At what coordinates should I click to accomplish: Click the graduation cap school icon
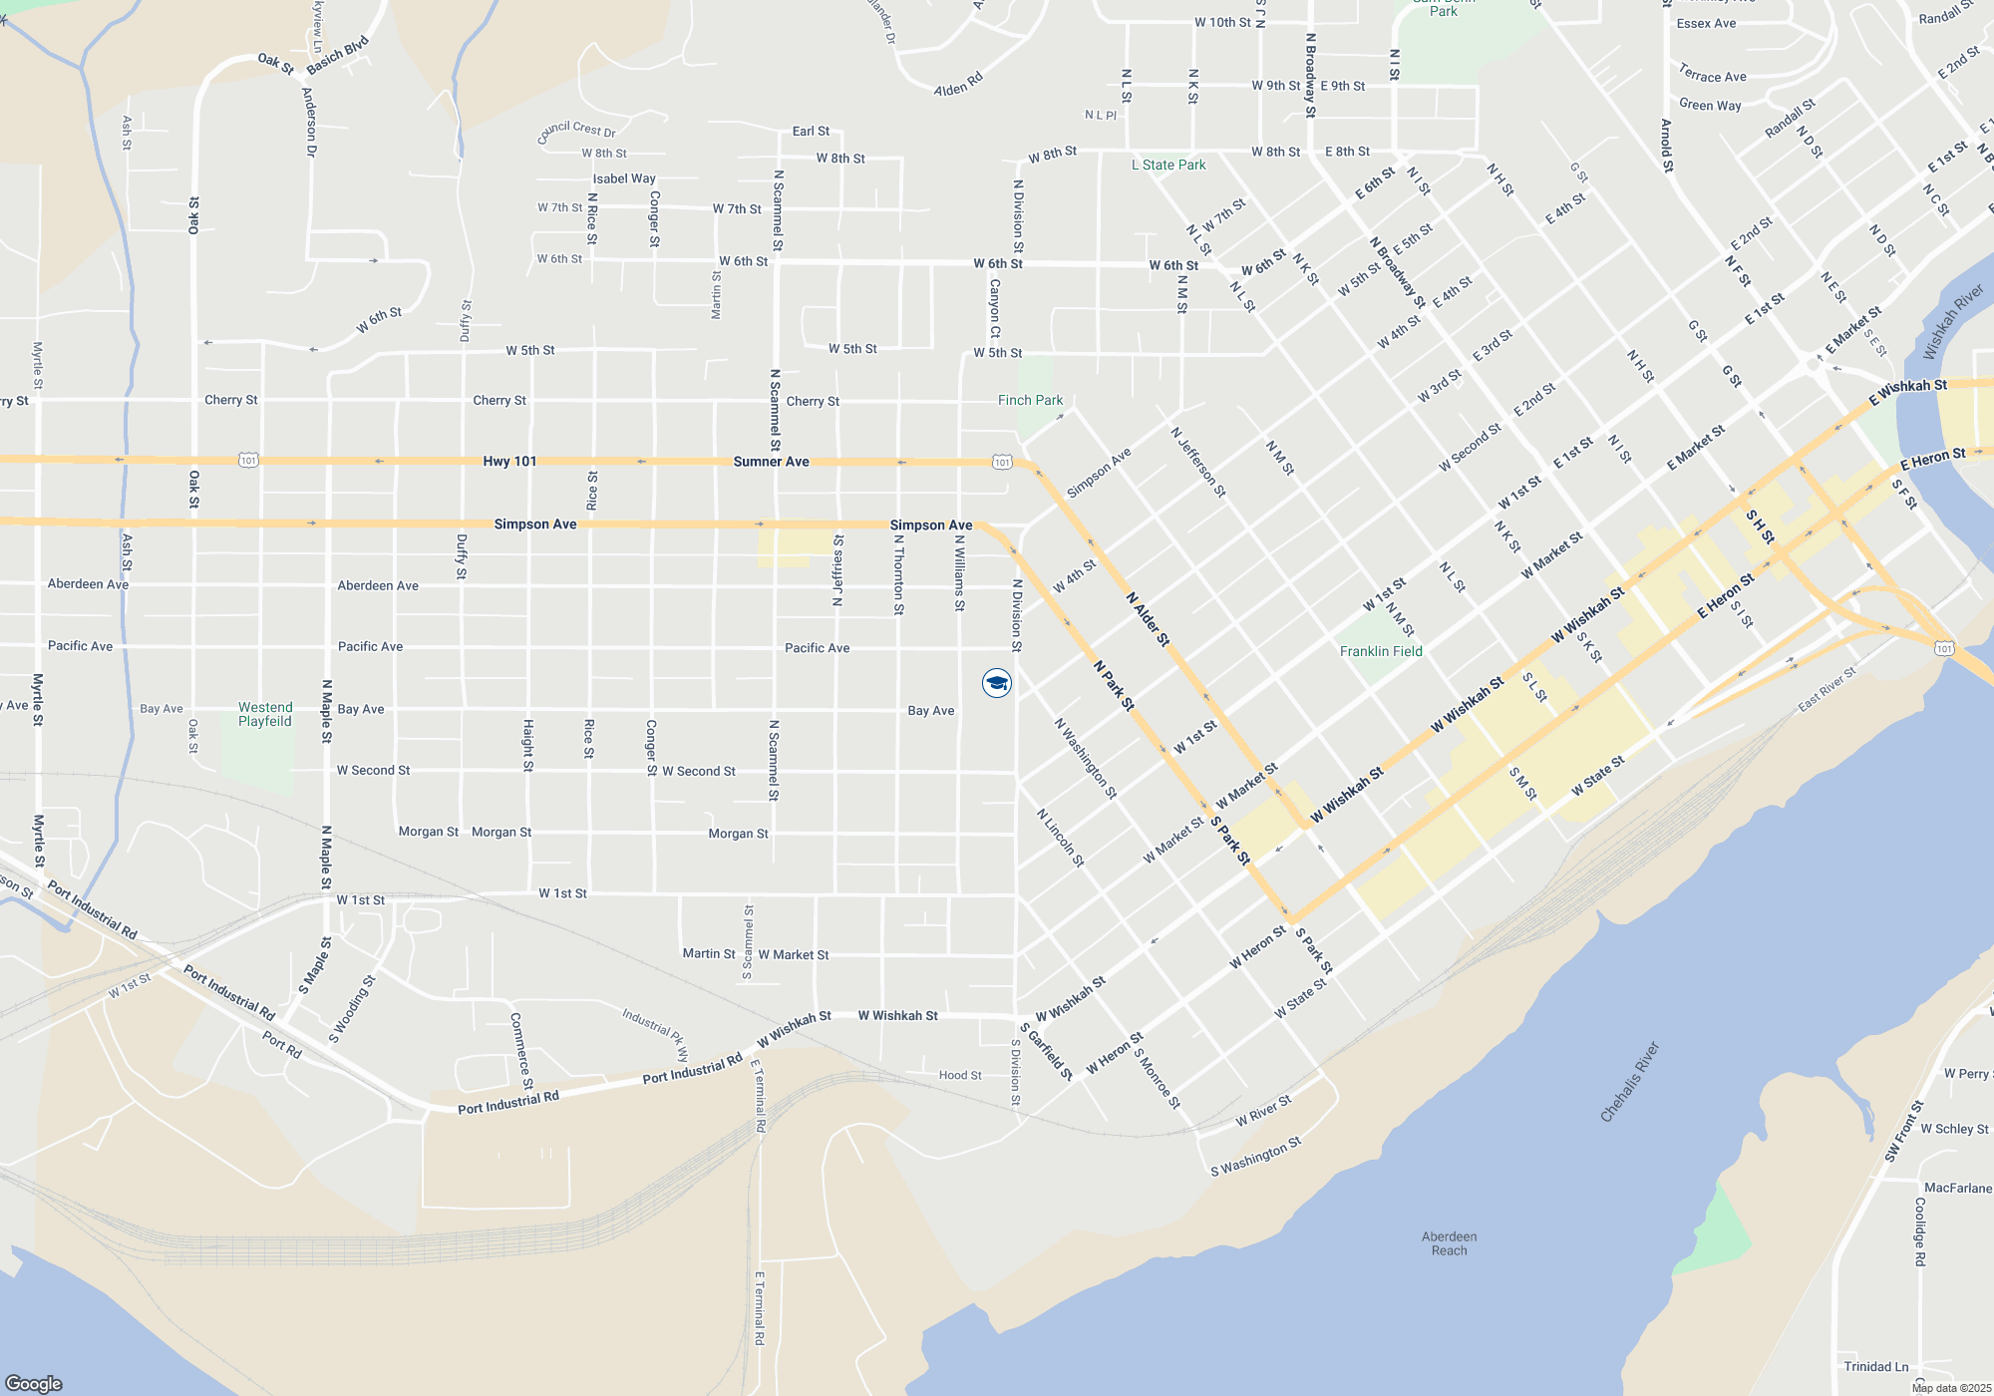tap(997, 683)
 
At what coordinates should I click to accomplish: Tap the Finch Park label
tap(1030, 400)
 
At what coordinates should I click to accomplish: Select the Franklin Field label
tap(1381, 651)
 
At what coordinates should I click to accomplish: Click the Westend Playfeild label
tap(265, 714)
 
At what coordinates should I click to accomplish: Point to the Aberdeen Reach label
tap(1449, 1243)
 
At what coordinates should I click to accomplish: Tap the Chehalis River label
tap(1629, 1082)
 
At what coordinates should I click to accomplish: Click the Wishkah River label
tap(1953, 322)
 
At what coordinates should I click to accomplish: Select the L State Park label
tap(1168, 165)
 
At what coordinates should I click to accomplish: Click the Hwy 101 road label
tap(509, 461)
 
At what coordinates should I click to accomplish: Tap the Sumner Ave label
tap(771, 462)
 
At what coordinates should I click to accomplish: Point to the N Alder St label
tap(1148, 618)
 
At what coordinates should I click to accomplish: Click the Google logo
tap(33, 1383)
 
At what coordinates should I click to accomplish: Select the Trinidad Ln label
tap(1875, 1366)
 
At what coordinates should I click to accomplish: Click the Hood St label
tap(960, 1075)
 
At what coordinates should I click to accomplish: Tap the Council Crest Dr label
tap(576, 131)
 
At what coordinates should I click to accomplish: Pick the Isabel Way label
tap(624, 178)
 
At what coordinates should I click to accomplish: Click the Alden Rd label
tap(958, 84)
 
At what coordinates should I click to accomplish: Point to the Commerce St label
tap(521, 1051)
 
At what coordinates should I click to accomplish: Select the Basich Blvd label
tap(338, 55)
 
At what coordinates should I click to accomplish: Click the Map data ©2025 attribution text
tap(1951, 1388)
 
